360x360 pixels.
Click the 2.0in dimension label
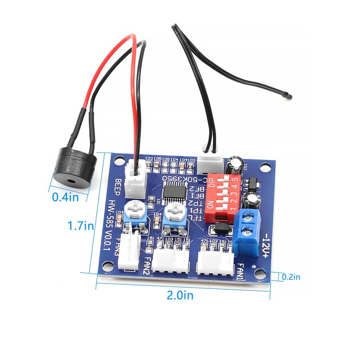(180, 295)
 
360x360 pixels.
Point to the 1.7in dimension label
(81, 226)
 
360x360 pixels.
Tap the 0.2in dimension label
(291, 277)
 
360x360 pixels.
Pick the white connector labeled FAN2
(171, 261)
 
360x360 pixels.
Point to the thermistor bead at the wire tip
(289, 95)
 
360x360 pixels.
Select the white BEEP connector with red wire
(135, 178)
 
